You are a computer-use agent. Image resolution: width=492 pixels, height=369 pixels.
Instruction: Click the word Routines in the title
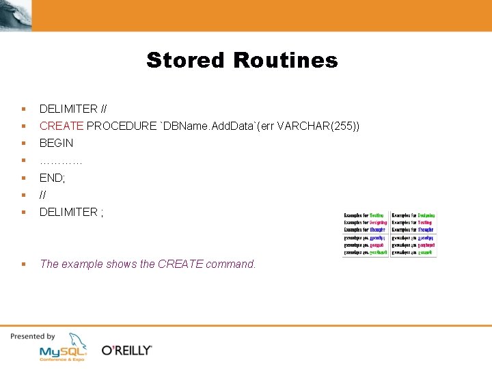(x=285, y=60)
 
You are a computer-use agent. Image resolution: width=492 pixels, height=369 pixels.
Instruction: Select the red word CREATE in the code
(x=61, y=126)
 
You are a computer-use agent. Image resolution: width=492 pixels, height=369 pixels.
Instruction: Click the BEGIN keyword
(x=56, y=143)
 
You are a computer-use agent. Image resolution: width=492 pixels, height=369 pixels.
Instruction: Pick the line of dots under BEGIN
(x=61, y=161)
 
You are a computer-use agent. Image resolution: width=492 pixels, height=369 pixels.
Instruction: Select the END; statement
(x=52, y=178)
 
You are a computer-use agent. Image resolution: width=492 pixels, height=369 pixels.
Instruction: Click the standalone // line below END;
(x=43, y=195)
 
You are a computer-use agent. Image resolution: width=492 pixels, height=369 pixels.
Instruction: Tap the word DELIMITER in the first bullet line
(x=68, y=109)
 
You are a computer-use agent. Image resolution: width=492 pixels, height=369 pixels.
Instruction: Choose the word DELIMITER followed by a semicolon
(x=68, y=212)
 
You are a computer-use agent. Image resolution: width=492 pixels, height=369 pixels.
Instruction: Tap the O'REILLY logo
(x=126, y=351)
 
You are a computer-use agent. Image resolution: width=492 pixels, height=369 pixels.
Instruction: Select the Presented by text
(x=32, y=336)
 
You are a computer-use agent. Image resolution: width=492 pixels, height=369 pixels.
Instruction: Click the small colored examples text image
(x=389, y=233)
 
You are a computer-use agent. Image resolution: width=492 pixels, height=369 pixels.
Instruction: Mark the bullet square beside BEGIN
(x=23, y=143)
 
